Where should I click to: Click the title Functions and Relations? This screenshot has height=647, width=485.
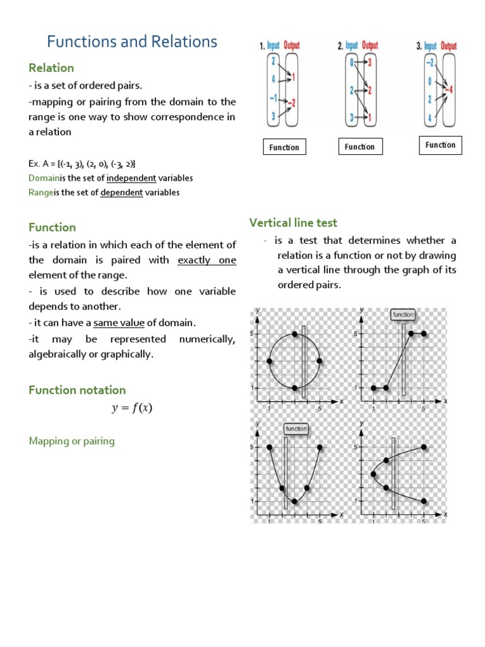pos(132,42)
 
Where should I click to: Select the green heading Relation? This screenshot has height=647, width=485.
pos(51,68)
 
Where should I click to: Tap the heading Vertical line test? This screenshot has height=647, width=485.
pos(293,222)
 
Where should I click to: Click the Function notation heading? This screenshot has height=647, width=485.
pos(77,390)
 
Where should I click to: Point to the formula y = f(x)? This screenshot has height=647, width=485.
pos(132,408)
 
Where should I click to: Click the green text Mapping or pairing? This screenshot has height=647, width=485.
pos(71,441)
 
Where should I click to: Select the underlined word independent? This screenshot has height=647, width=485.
pos(131,178)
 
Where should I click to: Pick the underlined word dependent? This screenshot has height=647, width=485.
pos(121,193)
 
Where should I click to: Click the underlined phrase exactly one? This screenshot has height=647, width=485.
pos(207,260)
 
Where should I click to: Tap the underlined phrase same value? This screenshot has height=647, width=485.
pos(119,323)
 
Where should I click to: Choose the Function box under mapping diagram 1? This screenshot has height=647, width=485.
pos(284,147)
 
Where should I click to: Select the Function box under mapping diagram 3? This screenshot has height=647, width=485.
pos(440,145)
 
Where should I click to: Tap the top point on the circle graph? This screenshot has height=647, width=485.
pos(294,334)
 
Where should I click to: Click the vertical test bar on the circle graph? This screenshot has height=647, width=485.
pos(304,361)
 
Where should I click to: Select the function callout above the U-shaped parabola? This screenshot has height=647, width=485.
pos(296,428)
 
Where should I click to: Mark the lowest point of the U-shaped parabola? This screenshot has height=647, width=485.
pos(294,501)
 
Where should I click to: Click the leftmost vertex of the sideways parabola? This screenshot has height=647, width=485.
pos(374,473)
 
